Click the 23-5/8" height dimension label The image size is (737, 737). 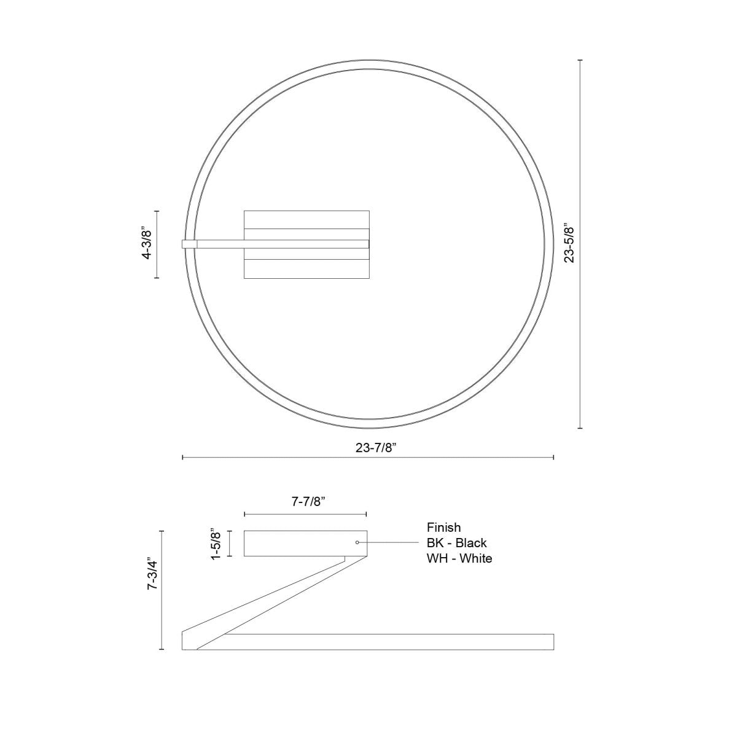[569, 243]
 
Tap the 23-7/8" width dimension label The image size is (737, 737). [376, 447]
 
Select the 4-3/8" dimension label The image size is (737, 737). [146, 244]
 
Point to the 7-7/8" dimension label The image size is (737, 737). [307, 502]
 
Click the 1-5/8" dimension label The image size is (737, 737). [215, 544]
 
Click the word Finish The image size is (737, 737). [443, 527]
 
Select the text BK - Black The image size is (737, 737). [456, 543]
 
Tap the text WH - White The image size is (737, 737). [459, 558]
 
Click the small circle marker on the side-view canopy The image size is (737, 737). [357, 542]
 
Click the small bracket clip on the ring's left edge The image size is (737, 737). [189, 244]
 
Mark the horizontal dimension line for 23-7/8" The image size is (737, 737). [276, 458]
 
